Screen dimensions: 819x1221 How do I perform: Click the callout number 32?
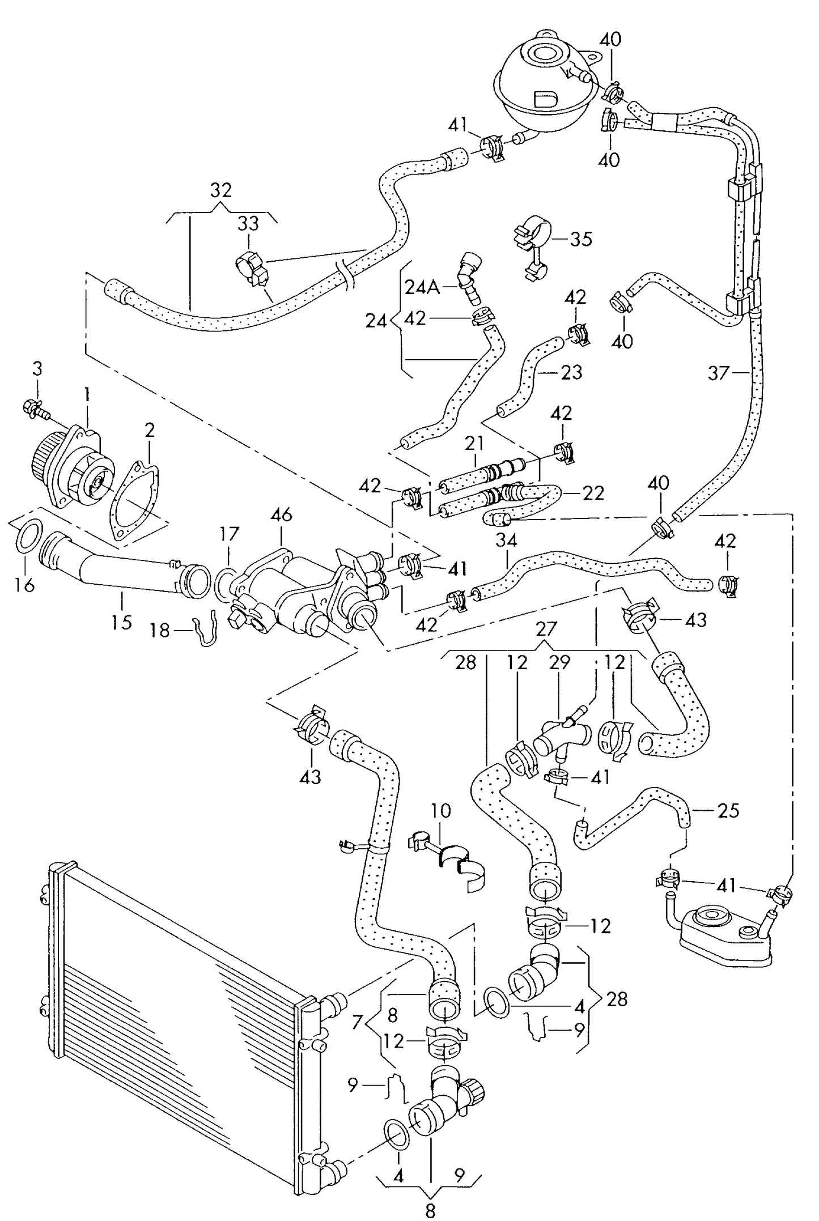[221, 189]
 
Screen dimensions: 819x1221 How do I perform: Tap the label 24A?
[422, 287]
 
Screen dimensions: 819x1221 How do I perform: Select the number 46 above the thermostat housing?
[281, 514]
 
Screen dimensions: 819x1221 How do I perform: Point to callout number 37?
[719, 373]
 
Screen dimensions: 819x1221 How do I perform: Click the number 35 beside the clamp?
[581, 239]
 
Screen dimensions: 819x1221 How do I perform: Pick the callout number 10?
[440, 811]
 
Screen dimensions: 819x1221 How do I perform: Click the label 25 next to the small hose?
[728, 811]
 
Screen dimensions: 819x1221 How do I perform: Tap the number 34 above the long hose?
[506, 540]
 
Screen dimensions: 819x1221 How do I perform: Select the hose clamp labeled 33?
[251, 268]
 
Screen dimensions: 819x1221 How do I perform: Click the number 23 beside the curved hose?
[571, 372]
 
